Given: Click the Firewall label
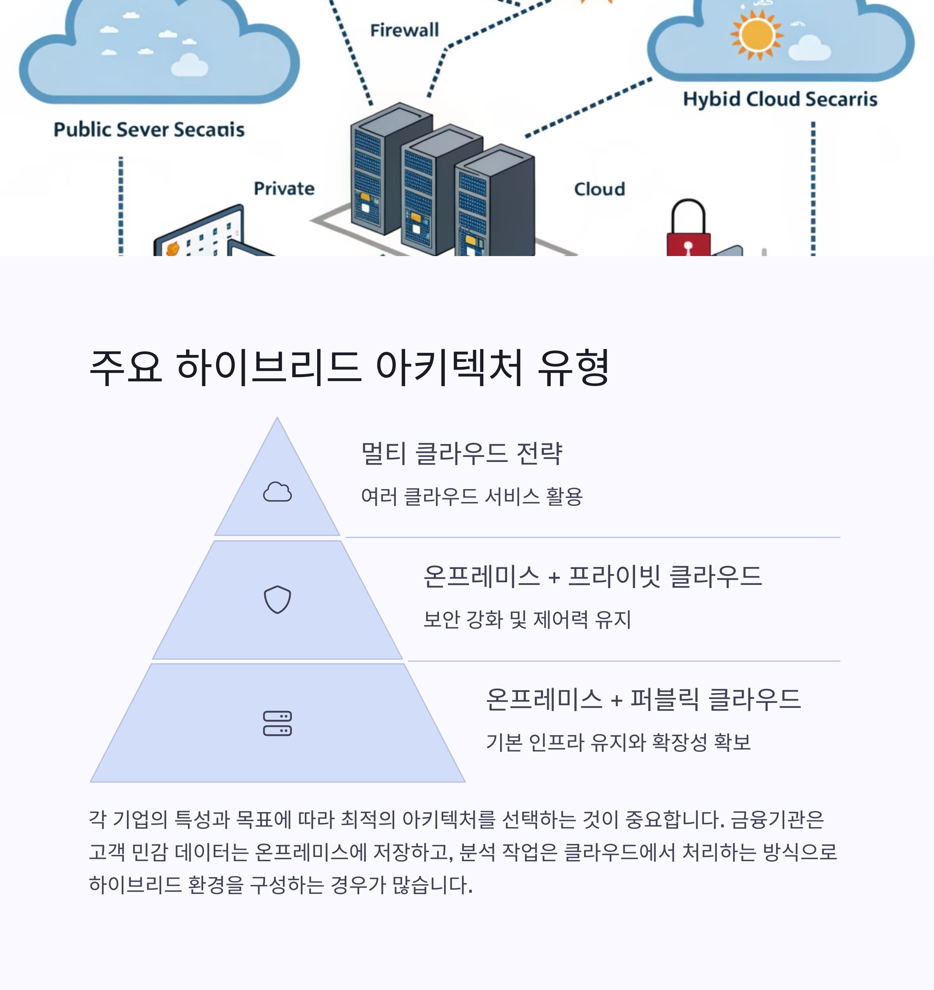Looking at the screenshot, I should pos(404,30).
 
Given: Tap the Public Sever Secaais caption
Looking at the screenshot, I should pos(149,130).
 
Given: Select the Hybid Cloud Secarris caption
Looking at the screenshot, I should pos(780,99).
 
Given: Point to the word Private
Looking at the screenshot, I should pos(284,189).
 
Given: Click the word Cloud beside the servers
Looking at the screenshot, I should pos(599,189).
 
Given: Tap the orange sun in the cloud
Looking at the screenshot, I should pos(756,35).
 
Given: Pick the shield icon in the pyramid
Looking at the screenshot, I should pos(277,600).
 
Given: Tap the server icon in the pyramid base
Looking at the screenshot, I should pos(277,723).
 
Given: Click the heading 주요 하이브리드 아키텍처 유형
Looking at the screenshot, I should pos(349,367).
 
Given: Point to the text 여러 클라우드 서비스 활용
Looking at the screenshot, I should pos(471,497).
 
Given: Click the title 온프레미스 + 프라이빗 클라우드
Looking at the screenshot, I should pos(592,576).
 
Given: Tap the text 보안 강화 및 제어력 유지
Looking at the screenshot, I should pos(527,620).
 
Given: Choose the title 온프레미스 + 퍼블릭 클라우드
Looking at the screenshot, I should pos(643,699).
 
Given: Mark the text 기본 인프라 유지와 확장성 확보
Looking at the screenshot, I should pos(618,742).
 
